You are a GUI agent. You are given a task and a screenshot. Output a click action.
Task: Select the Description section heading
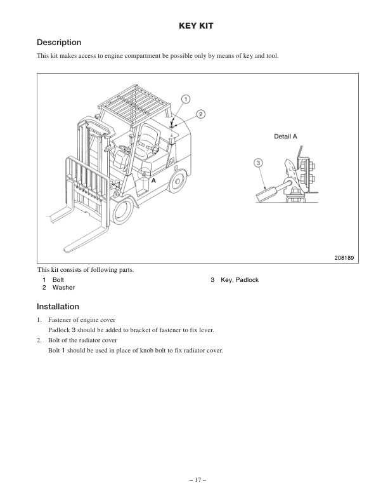59,43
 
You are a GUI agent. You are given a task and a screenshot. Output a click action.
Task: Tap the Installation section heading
58,306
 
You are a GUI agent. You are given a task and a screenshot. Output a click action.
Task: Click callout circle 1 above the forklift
185,98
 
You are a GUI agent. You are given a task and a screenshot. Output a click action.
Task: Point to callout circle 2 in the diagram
200,114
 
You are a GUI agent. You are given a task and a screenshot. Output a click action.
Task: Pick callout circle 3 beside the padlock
259,163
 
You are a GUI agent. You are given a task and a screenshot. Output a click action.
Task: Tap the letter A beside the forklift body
153,180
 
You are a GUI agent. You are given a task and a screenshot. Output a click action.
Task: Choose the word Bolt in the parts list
58,280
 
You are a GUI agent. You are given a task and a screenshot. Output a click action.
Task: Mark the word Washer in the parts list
63,288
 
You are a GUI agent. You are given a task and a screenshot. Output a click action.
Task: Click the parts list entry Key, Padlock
240,280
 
